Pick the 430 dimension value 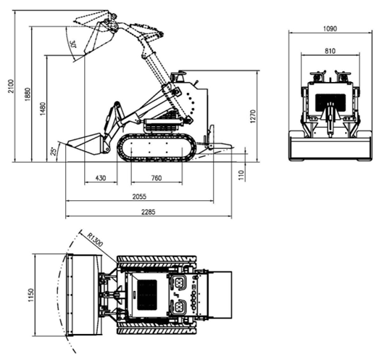pos(100,178)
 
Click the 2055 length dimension pos(140,195)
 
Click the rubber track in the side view pos(158,147)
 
